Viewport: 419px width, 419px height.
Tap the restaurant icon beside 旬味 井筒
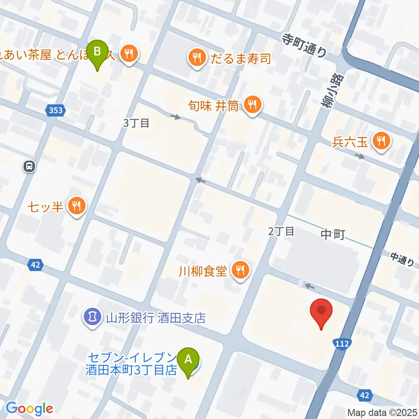(252, 105)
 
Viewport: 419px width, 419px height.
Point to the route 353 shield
(55, 111)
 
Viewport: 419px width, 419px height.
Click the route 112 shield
(342, 344)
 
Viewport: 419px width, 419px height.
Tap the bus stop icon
(29, 166)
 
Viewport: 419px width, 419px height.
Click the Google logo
(29, 409)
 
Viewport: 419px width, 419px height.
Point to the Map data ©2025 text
(382, 412)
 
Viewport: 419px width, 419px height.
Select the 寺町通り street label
(304, 45)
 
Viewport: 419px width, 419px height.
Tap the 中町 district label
(333, 235)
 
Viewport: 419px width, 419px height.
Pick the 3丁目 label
(136, 123)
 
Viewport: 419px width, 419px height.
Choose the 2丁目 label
(281, 231)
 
